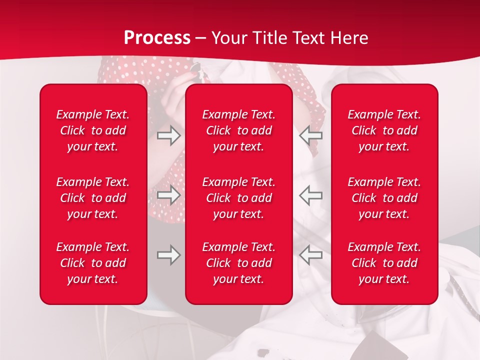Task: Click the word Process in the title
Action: coord(157,38)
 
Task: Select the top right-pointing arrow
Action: coord(168,135)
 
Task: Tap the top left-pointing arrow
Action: coord(311,135)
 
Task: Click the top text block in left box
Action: coord(93,130)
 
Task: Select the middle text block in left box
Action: coord(93,198)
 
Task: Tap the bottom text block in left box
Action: coord(93,263)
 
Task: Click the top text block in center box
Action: coord(239,130)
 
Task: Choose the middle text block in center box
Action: coord(239,198)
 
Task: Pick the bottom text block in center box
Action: coord(239,263)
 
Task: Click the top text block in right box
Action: coord(384,130)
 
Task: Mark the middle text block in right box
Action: coord(384,198)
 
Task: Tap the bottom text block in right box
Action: coord(384,263)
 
